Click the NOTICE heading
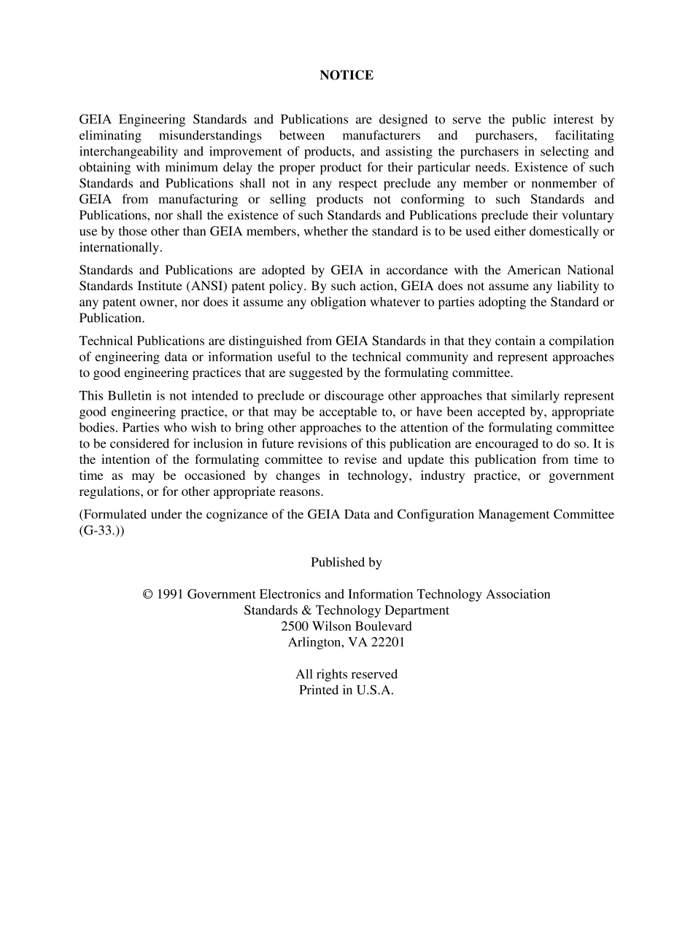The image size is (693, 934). coord(346,75)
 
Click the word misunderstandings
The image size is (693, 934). coord(210,136)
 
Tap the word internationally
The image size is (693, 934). coord(120,247)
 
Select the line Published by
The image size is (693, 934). coord(346,562)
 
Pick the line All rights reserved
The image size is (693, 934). coord(346,674)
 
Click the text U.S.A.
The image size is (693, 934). coord(375,690)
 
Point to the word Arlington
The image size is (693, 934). coord(314,642)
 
